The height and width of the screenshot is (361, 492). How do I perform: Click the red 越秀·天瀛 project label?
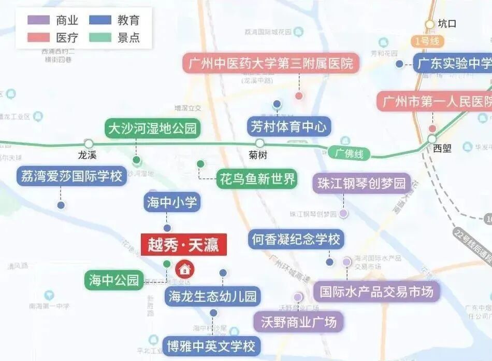coord(184,244)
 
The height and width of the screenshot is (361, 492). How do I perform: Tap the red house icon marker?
coord(184,269)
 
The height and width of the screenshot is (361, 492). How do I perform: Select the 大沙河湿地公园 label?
coord(152,128)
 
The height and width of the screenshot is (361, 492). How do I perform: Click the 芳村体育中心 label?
coord(289,126)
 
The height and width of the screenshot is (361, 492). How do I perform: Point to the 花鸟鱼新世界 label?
coord(257,179)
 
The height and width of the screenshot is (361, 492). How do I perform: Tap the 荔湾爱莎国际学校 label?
coord(71,176)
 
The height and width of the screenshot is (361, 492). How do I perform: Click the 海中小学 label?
coord(172,202)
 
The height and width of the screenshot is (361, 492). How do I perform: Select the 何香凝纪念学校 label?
coord(296,240)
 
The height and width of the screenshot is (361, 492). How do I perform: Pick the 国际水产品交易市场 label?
coord(377,292)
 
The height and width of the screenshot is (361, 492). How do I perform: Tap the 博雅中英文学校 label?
coord(211,346)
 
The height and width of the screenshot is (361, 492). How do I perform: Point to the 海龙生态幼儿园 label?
coord(213,297)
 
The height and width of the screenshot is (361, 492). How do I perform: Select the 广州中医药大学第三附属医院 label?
coord(271,64)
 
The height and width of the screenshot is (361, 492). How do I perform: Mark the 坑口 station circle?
coord(429,24)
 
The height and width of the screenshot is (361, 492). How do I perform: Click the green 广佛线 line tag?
coord(350,154)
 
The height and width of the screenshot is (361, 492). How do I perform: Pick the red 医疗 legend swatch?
coord(39,37)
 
